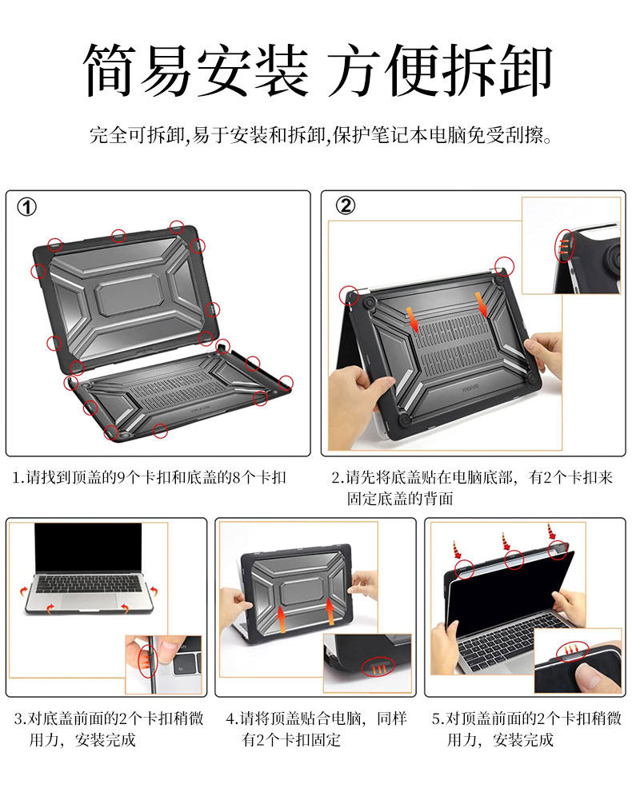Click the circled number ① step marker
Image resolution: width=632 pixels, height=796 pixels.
[27, 207]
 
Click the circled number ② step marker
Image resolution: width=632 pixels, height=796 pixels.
[346, 205]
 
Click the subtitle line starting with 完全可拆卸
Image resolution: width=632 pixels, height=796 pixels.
[321, 135]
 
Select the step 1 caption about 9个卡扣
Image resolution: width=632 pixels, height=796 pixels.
[150, 477]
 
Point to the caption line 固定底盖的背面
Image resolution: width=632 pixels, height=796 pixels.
[400, 499]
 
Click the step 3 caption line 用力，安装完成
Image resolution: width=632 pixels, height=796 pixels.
[82, 739]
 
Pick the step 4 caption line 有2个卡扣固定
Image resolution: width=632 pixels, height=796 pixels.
[291, 739]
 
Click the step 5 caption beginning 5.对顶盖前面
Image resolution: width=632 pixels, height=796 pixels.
[527, 718]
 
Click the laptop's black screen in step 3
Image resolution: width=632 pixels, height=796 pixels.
[88, 547]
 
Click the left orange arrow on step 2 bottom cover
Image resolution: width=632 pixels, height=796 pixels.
[413, 319]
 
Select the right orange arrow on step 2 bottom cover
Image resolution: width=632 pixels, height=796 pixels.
[481, 304]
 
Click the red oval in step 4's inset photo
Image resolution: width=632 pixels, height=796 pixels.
[378, 667]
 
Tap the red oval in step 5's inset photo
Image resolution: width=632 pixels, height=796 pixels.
[572, 651]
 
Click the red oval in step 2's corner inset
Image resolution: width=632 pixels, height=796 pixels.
[563, 246]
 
